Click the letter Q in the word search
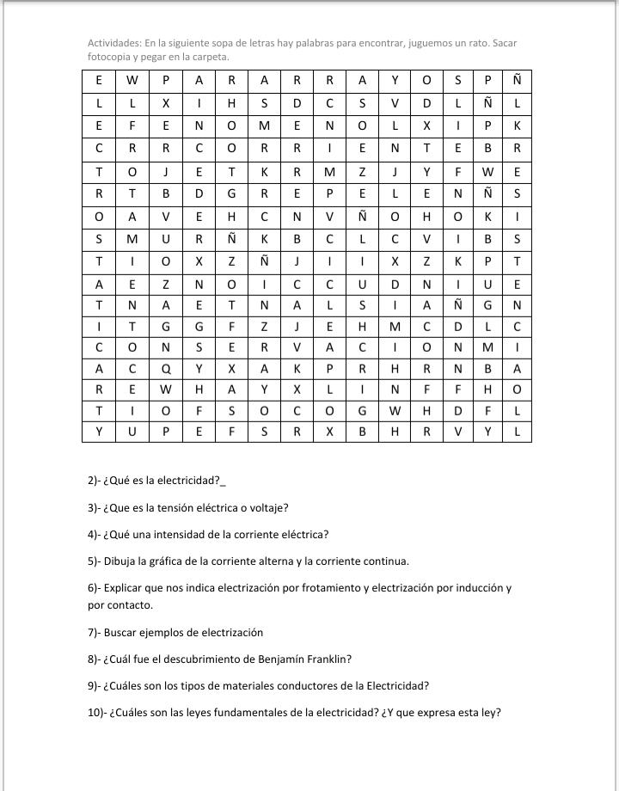pyautogui.click(x=165, y=369)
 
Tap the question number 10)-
pyautogui.click(x=97, y=713)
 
